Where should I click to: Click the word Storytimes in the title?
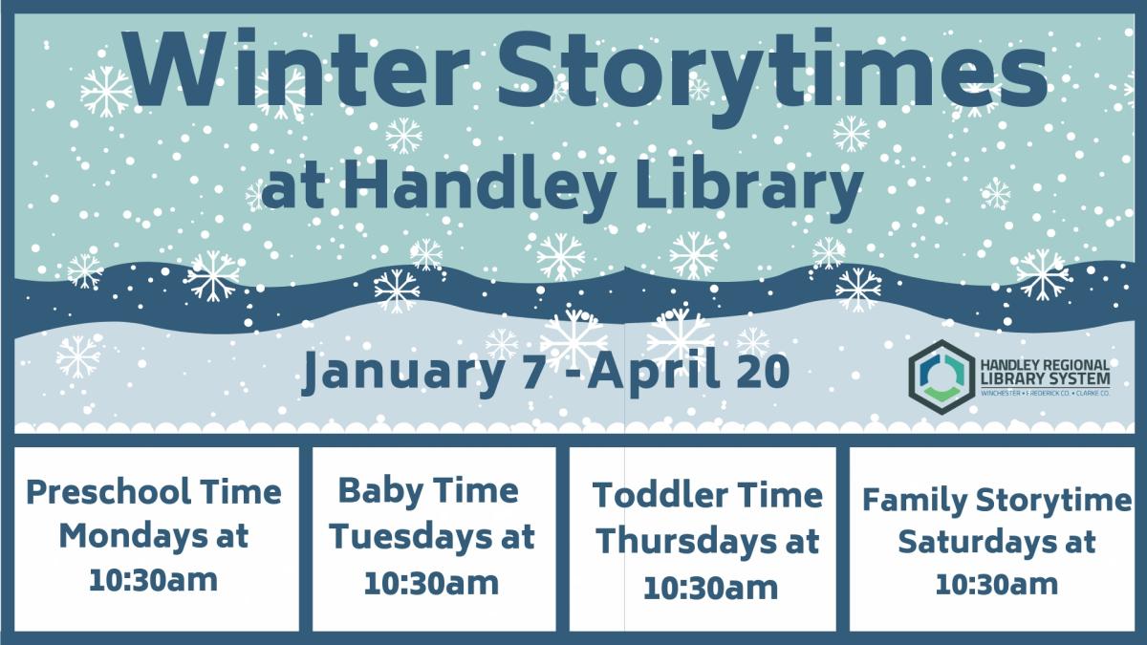[x=772, y=75]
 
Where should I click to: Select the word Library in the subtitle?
[x=749, y=188]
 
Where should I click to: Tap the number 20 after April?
[x=763, y=371]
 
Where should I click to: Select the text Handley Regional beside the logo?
[x=1045, y=365]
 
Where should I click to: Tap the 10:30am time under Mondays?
[x=154, y=581]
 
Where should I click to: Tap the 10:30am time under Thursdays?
[x=711, y=588]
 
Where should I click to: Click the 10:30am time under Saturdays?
[x=996, y=584]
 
